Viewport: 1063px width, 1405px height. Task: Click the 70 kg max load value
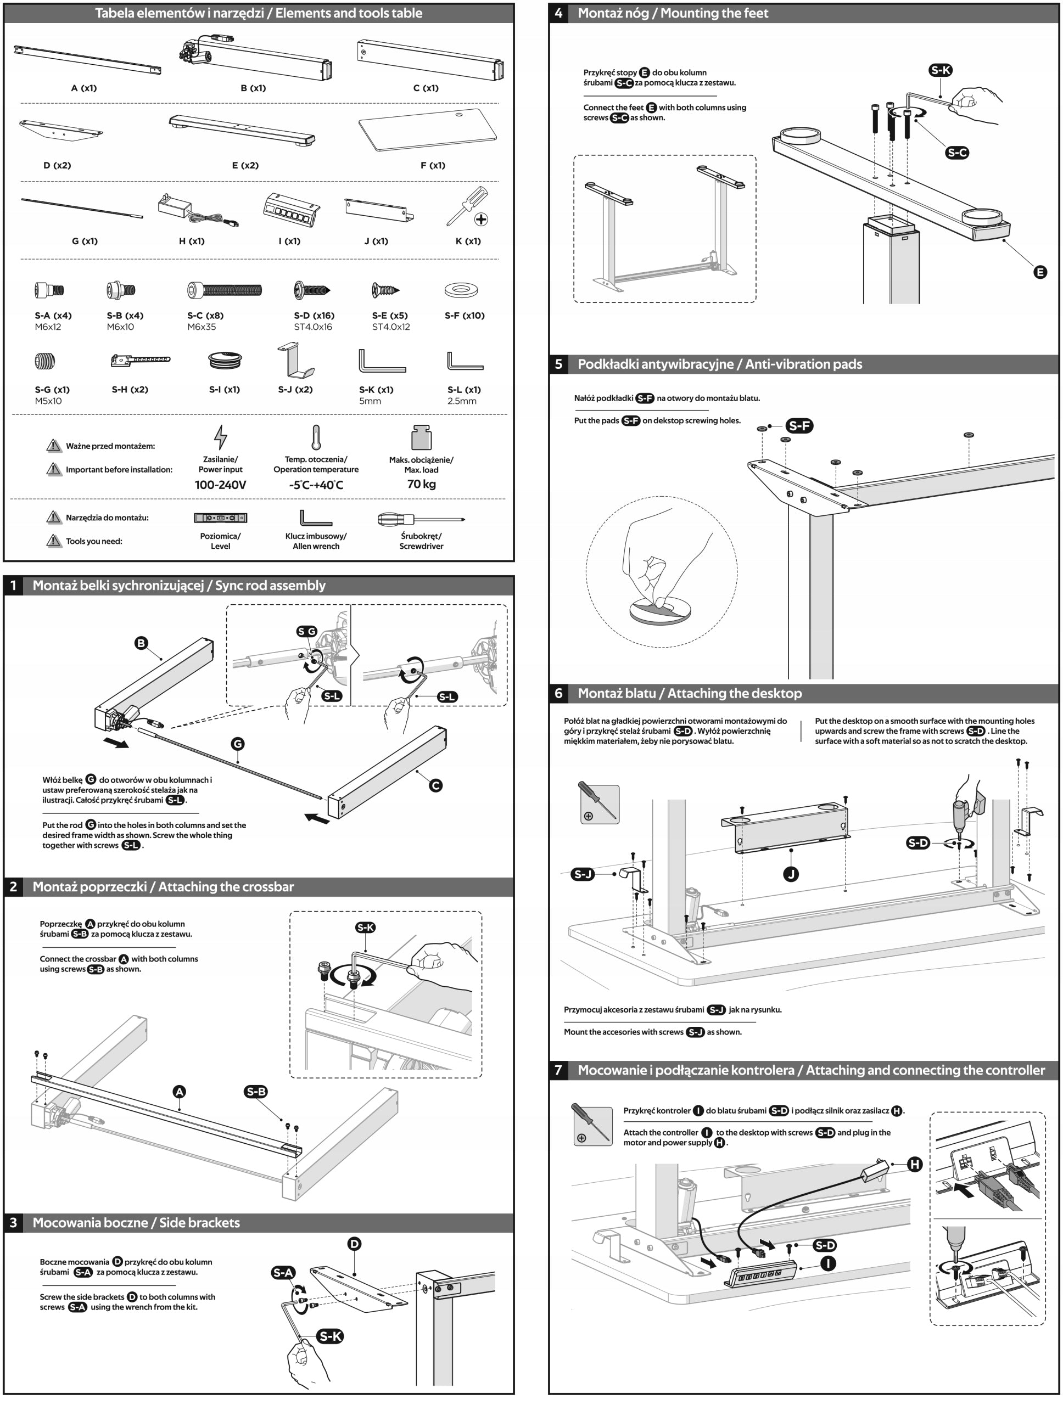421,484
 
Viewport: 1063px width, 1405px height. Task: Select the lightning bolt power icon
221,437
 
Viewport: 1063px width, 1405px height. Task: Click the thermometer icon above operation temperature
316,437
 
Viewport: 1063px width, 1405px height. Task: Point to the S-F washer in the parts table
461,290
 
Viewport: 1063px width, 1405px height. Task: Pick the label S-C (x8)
205,316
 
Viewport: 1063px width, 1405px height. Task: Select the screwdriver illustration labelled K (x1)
468,205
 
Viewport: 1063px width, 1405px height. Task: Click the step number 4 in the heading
558,13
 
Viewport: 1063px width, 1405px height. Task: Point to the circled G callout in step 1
238,744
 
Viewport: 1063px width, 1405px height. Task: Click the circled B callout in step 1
141,643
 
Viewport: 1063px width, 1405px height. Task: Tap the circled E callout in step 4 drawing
1040,272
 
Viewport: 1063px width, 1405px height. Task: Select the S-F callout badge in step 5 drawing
799,425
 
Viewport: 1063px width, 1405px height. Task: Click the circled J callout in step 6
791,874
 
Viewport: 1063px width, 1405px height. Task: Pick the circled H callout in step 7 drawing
914,1164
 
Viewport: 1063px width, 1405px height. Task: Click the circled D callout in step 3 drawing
355,1244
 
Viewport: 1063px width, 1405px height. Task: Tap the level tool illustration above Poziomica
221,518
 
